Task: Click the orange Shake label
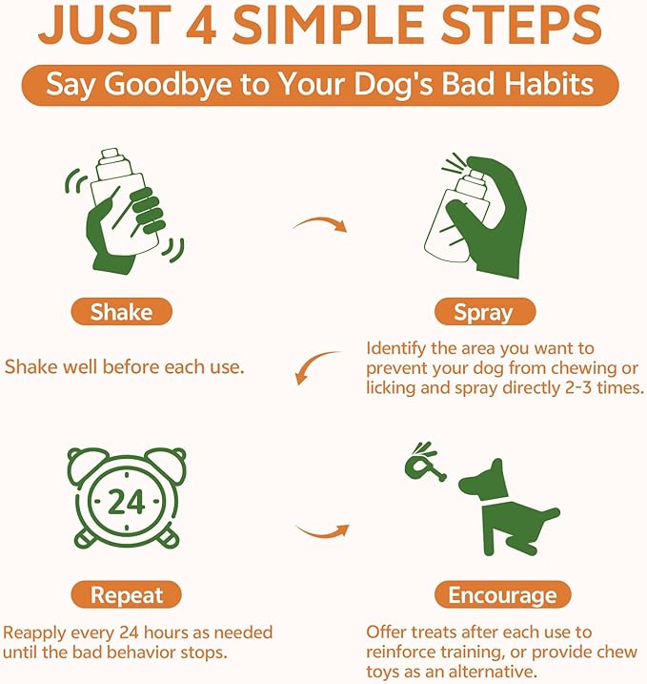[121, 312]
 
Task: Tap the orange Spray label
[483, 312]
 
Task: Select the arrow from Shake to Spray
[319, 226]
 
